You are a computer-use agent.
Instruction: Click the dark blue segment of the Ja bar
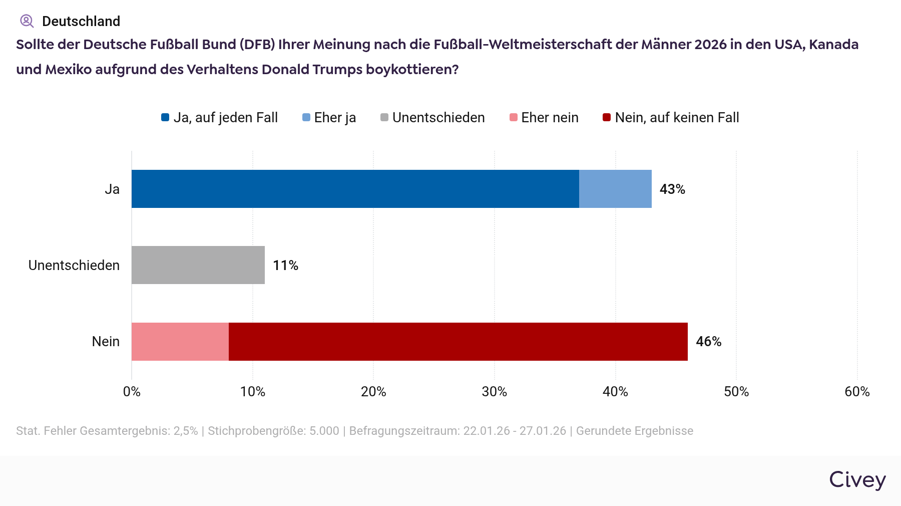pyautogui.click(x=355, y=189)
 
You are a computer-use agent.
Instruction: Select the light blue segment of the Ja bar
pyautogui.click(x=615, y=189)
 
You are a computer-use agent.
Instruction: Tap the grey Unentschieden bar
pyautogui.click(x=198, y=265)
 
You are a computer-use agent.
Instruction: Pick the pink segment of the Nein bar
pyautogui.click(x=180, y=342)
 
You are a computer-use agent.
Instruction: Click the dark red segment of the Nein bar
pyautogui.click(x=458, y=342)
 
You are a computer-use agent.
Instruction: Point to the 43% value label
pyautogui.click(x=672, y=189)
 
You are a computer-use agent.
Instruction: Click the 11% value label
pyautogui.click(x=285, y=266)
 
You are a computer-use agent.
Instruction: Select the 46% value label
pyautogui.click(x=708, y=342)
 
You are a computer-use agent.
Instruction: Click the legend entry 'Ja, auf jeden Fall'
pyautogui.click(x=220, y=118)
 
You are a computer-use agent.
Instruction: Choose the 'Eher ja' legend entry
pyautogui.click(x=329, y=118)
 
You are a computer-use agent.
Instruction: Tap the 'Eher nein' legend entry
pyautogui.click(x=544, y=118)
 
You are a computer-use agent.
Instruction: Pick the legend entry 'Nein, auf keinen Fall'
pyautogui.click(x=671, y=118)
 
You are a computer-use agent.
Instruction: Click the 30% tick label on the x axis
pyautogui.click(x=494, y=392)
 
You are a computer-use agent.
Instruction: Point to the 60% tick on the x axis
pyautogui.click(x=857, y=392)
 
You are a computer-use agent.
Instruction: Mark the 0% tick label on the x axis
pyautogui.click(x=132, y=392)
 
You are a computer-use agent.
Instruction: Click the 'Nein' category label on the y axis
pyautogui.click(x=106, y=342)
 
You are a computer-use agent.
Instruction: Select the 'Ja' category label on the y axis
pyautogui.click(x=112, y=189)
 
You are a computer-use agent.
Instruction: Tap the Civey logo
pyautogui.click(x=857, y=480)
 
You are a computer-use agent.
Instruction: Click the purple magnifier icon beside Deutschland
pyautogui.click(x=27, y=21)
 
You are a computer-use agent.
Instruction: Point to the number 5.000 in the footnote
pyautogui.click(x=324, y=431)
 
